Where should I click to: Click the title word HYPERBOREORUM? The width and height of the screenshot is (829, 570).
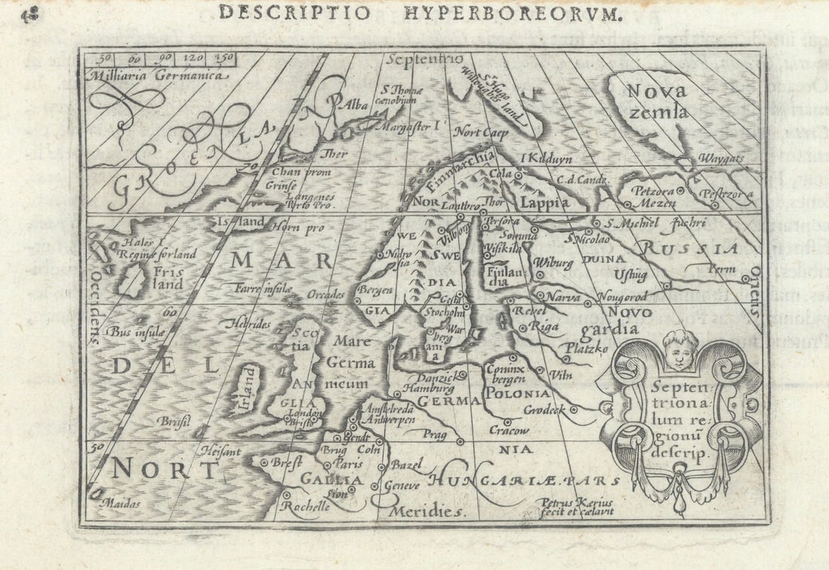tap(513, 13)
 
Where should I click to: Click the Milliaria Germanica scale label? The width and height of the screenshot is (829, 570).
tap(157, 75)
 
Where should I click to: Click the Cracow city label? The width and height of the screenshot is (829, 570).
tap(508, 431)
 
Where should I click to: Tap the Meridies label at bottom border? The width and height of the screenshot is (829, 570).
tap(424, 511)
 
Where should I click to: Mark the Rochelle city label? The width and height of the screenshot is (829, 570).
tap(305, 507)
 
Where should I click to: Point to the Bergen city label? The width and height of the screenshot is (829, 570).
tap(376, 290)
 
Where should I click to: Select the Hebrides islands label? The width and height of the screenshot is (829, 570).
tap(246, 323)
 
